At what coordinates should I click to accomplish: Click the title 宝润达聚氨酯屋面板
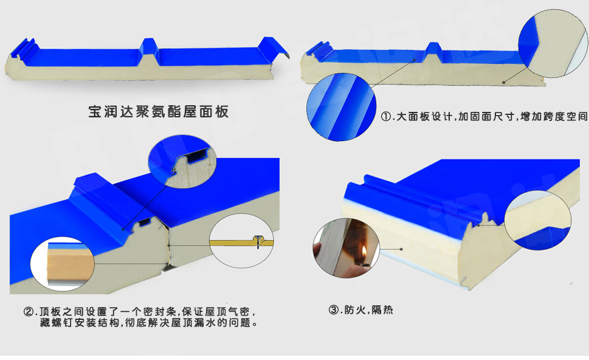(158, 112)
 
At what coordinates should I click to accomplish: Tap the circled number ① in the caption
(387, 117)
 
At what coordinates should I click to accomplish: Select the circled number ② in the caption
(29, 311)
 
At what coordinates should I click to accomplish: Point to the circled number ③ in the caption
(334, 310)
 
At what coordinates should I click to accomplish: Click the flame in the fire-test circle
(363, 251)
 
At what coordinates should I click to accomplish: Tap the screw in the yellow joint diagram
(258, 241)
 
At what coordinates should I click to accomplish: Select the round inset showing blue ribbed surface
(341, 107)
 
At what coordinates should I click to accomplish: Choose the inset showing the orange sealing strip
(63, 264)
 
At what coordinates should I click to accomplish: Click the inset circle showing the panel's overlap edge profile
(182, 162)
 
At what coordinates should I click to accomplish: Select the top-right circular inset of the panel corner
(553, 44)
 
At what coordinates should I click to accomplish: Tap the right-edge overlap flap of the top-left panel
(274, 47)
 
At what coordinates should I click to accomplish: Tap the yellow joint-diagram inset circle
(241, 241)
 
